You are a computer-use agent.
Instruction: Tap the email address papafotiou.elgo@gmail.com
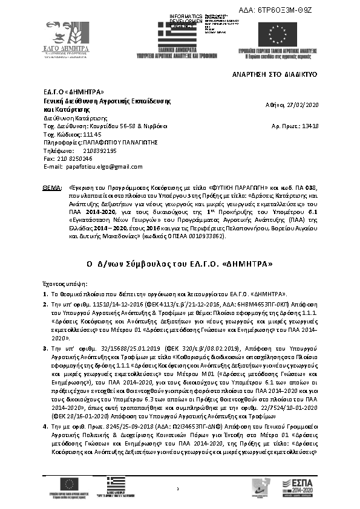pos(105,166)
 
